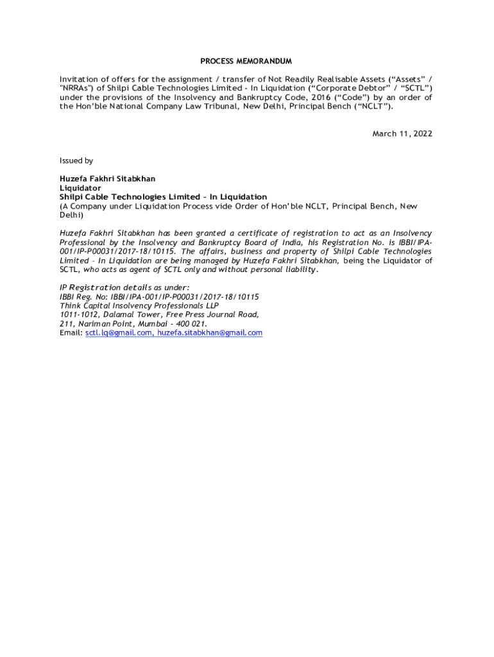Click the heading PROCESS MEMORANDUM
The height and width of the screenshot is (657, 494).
[246, 62]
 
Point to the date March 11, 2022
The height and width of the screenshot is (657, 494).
[402, 134]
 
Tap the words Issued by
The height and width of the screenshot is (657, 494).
[76, 161]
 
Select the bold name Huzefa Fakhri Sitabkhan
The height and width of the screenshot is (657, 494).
[107, 179]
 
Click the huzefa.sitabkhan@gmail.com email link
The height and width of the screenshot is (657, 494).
[210, 333]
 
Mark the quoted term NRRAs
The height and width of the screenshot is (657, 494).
[76, 89]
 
